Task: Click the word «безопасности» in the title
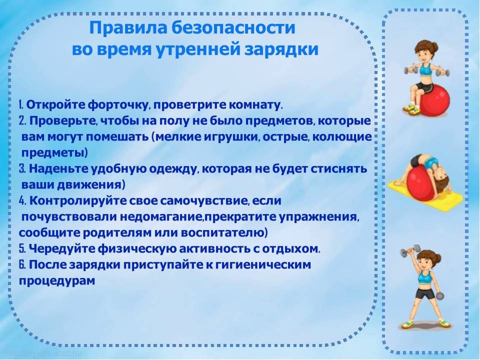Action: (x=233, y=28)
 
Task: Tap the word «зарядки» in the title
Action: (x=281, y=49)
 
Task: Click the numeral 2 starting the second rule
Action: (x=22, y=121)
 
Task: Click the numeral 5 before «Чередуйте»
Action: (x=22, y=248)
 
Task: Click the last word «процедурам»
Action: (x=57, y=281)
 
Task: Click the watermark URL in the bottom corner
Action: (x=44, y=353)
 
